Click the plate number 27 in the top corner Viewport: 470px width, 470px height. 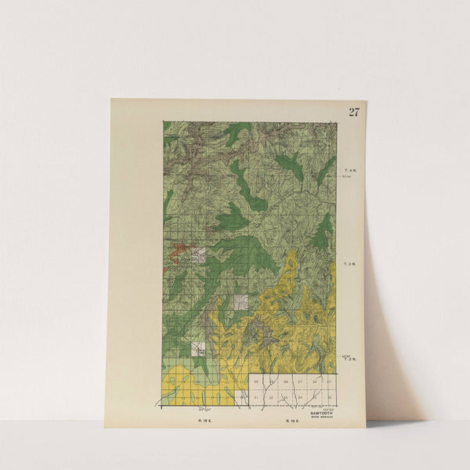354,111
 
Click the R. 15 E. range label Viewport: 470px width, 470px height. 203,421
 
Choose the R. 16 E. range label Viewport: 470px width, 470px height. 295,421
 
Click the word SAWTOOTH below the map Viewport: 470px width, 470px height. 321,412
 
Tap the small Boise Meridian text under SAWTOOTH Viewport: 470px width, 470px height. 321,417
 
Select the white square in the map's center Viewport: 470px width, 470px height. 241,302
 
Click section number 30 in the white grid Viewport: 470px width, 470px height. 257,382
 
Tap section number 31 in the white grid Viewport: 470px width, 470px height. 257,398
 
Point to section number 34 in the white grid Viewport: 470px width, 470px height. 300,398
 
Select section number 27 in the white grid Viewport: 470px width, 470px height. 300,382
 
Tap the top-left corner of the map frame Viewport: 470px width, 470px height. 163,121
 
